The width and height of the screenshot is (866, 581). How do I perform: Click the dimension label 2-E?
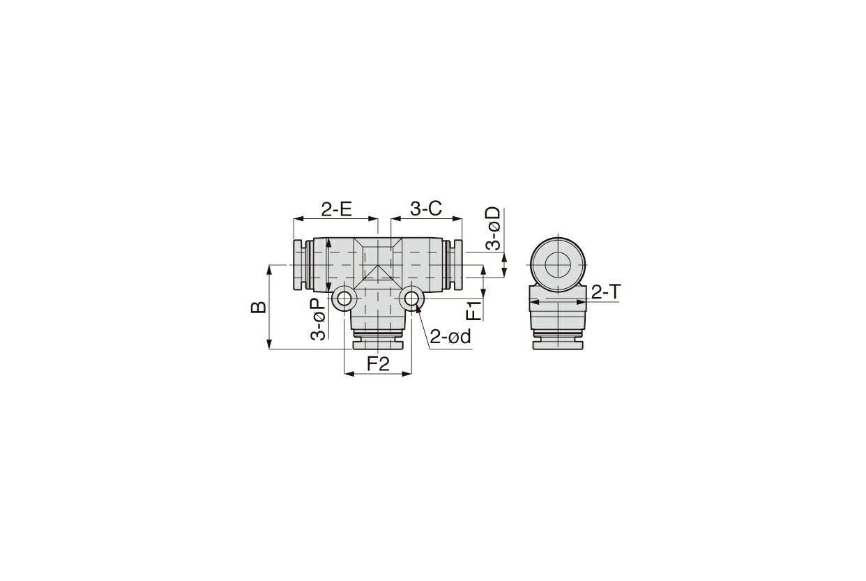336,209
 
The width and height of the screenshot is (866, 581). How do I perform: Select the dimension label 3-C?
425,209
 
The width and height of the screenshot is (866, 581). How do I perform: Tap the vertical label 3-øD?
493,229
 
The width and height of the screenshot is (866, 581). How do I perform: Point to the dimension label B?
258,307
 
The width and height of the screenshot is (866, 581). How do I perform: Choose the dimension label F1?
474,310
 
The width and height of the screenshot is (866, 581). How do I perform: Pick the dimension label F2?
378,363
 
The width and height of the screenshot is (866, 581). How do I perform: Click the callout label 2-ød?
450,337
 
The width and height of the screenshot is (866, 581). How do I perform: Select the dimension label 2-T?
606,292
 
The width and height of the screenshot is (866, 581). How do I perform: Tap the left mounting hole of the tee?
344,299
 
